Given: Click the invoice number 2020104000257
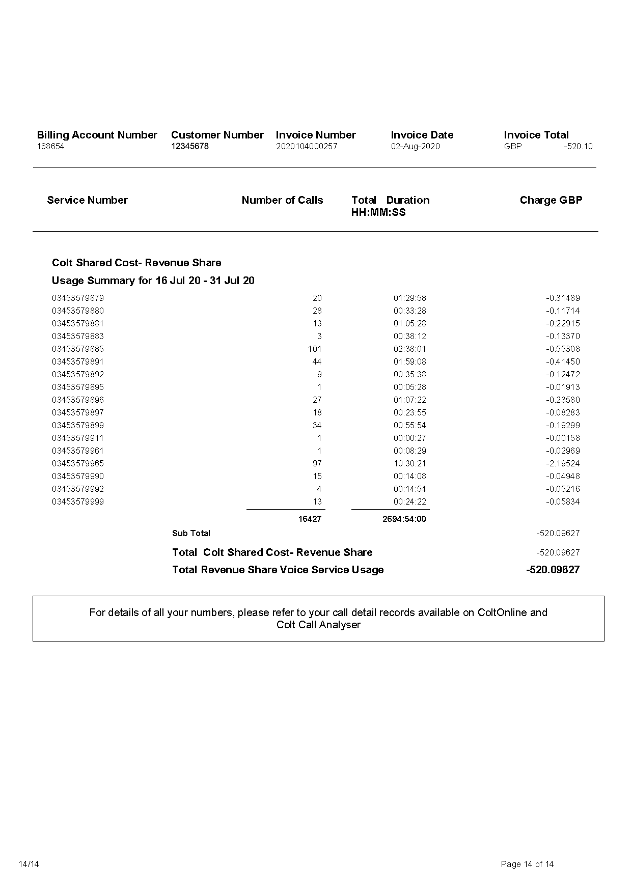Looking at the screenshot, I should point(307,147).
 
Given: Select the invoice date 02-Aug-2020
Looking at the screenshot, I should point(415,147).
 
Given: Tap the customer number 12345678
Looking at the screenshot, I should point(190,147).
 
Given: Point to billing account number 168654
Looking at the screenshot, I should point(50,147).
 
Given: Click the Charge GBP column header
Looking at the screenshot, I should point(551,200).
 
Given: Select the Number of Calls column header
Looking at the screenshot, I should point(282,200).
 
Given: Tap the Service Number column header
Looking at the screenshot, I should point(87,200).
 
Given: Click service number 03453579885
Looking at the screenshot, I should point(78,349).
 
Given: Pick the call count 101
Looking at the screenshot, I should point(314,349).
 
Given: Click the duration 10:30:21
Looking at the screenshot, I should point(409,464).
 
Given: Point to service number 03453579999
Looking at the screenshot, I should point(78,502).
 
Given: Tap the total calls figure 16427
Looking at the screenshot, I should point(310,519).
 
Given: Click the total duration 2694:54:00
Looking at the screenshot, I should point(404,519).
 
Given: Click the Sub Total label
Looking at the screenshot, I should point(191,534).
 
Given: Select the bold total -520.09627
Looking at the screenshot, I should point(553,570).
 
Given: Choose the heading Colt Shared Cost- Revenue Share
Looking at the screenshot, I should point(136,263).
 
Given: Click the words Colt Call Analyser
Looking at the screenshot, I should point(318,625).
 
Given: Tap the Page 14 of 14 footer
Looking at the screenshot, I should point(527,864).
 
